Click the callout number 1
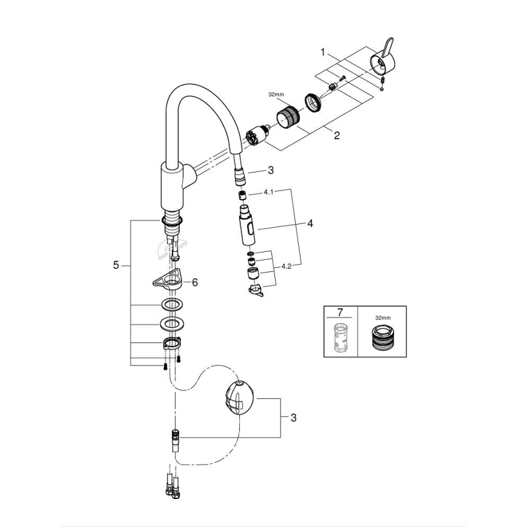[x=324, y=52]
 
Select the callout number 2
[x=336, y=136]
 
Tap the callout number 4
[x=310, y=223]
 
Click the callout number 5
[x=116, y=265]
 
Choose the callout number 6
[x=195, y=282]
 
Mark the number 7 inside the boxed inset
[x=340, y=313]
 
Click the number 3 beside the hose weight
[x=293, y=418]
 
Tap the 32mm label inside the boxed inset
[x=381, y=317]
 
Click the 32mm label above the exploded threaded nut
[x=276, y=95]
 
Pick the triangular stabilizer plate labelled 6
[x=168, y=280]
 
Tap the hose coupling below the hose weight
[x=175, y=438]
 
